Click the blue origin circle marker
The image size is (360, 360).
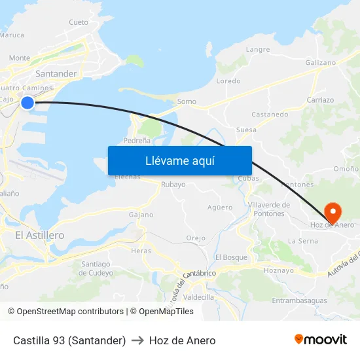(x=27, y=102)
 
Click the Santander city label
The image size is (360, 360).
(x=56, y=74)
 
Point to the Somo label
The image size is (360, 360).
(x=187, y=101)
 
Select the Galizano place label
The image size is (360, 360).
(x=320, y=62)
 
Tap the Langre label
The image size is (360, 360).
(x=257, y=49)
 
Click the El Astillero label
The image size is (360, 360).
(x=39, y=235)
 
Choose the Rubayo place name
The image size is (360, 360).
(x=173, y=185)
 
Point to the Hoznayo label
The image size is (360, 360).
(x=278, y=270)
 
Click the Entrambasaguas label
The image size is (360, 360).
(x=298, y=300)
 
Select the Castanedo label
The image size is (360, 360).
(x=270, y=114)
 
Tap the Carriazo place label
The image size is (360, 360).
(x=320, y=100)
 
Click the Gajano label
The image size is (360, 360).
(x=141, y=215)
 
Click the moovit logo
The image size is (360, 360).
(x=321, y=340)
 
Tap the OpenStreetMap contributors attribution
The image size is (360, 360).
(x=65, y=312)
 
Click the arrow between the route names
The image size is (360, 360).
(x=137, y=340)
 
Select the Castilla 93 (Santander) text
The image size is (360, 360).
(x=69, y=340)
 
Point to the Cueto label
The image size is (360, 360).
(x=79, y=22)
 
